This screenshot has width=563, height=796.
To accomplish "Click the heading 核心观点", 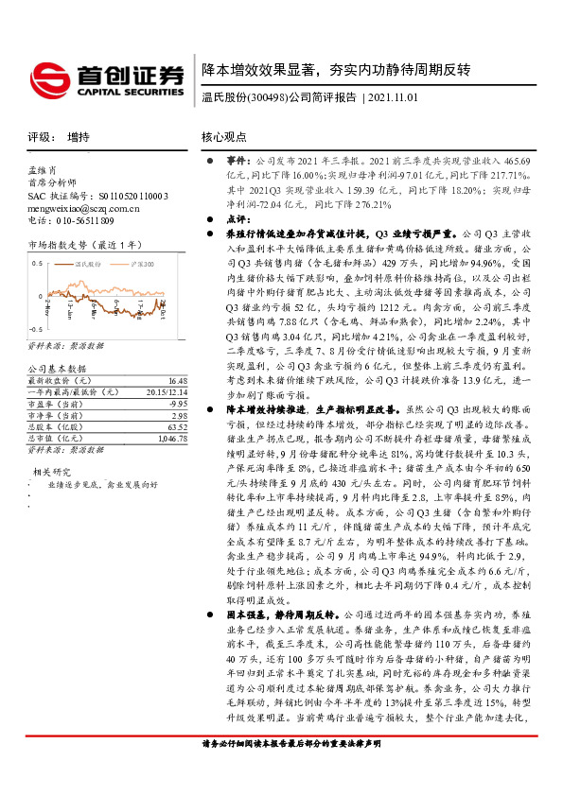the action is pos(223,137).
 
